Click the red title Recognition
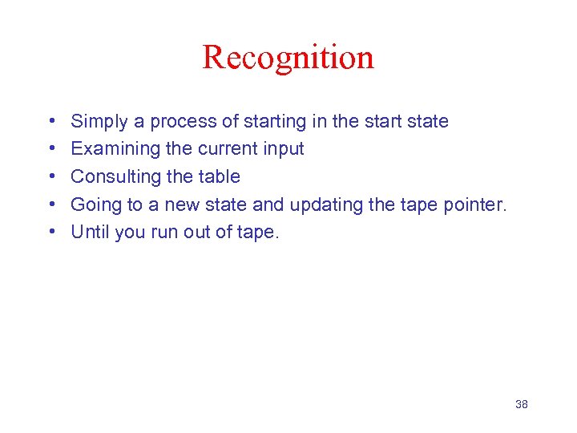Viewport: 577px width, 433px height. [288, 58]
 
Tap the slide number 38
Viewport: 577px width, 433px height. [521, 404]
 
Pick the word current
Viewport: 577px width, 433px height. [227, 149]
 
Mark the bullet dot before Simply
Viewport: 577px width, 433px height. [51, 122]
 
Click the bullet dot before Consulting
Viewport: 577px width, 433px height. [51, 176]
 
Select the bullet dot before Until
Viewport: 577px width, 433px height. [51, 232]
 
